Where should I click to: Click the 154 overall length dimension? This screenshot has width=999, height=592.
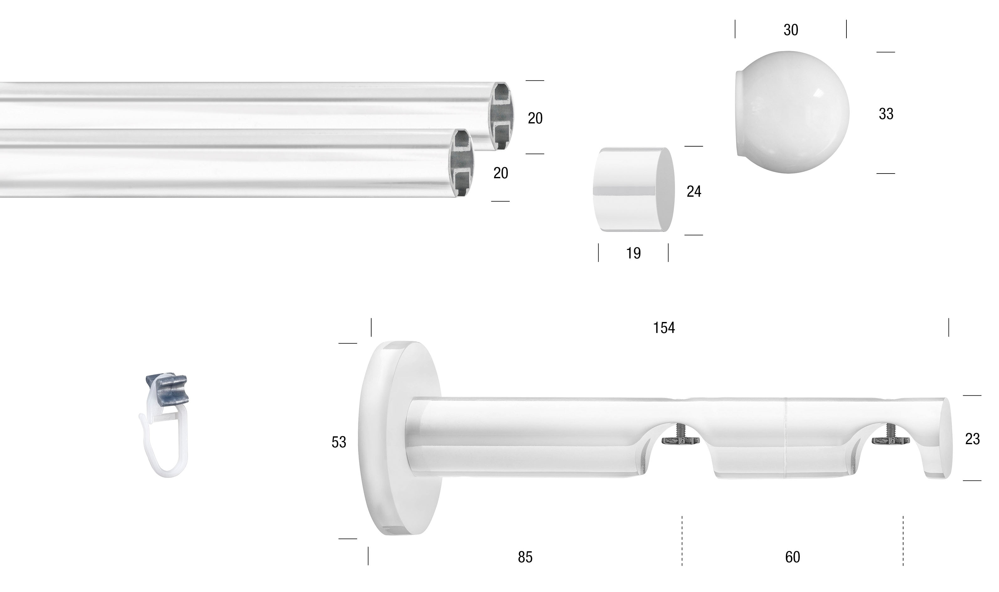664,328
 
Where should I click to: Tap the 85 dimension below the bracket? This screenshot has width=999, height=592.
525,557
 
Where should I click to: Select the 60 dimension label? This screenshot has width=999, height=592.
792,557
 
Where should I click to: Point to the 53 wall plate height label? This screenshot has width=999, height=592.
339,442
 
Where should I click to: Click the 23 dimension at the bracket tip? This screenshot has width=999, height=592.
972,439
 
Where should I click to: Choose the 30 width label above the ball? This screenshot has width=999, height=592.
791,30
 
